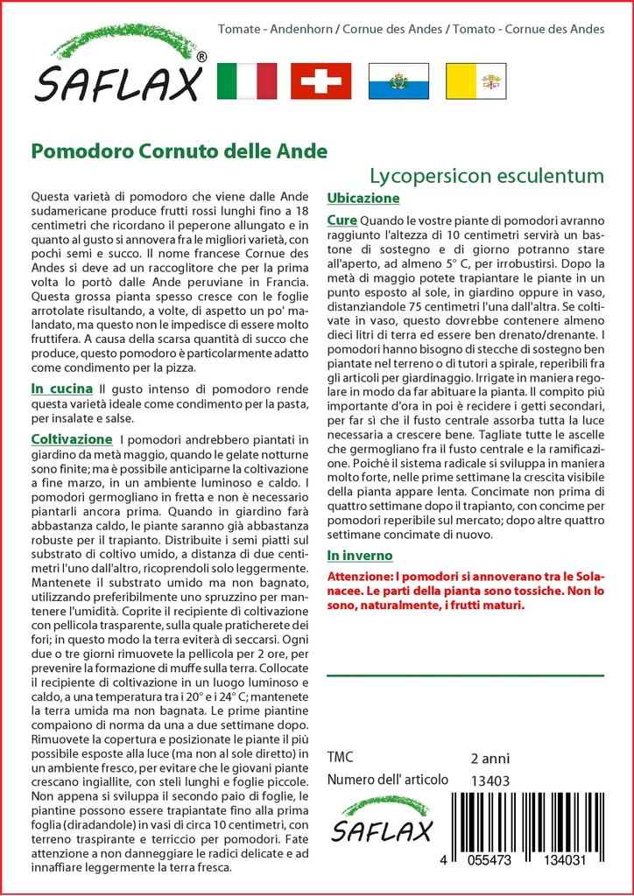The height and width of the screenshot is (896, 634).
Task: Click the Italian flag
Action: pyautogui.click(x=246, y=80)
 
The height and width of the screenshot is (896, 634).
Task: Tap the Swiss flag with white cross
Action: pyautogui.click(x=321, y=80)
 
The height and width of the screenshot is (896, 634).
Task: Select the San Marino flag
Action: pyautogui.click(x=398, y=80)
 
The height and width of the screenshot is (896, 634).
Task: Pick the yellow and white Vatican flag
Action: pyautogui.click(x=475, y=80)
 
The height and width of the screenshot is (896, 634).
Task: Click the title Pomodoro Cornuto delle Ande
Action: pyautogui.click(x=180, y=150)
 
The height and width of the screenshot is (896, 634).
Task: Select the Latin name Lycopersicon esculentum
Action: pyautogui.click(x=486, y=175)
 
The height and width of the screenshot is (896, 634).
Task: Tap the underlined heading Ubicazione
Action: pyautogui.click(x=363, y=198)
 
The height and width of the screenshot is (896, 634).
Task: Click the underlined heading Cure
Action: pyautogui.click(x=342, y=219)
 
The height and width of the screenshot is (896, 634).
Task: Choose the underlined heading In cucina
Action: pyautogui.click(x=61, y=388)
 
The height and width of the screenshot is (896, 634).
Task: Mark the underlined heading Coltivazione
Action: pyautogui.click(x=71, y=438)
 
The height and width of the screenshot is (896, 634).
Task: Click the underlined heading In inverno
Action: pyautogui.click(x=359, y=556)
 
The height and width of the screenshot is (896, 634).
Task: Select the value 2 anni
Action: pyautogui.click(x=490, y=758)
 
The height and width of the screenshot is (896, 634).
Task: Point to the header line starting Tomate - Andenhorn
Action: pyautogui.click(x=411, y=29)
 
